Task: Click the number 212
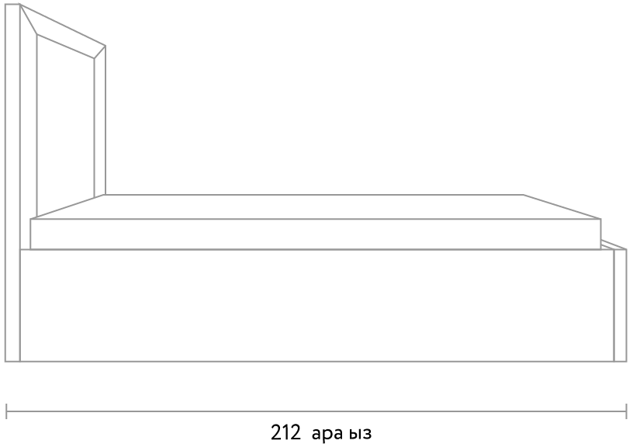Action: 285,432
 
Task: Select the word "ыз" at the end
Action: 360,434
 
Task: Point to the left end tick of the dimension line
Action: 6,411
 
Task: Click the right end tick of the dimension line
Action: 626,411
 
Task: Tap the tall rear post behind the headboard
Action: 12,182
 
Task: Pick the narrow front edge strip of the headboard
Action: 100,121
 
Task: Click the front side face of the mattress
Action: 315,234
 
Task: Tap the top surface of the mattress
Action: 315,206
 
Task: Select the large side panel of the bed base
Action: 317,305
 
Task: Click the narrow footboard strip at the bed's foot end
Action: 620,305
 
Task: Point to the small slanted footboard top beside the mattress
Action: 614,245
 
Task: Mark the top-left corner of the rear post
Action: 5,4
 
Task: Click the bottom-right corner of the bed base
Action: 626,361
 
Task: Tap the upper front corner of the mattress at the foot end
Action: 600,219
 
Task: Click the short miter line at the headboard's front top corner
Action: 100,52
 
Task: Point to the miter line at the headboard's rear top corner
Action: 28,19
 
